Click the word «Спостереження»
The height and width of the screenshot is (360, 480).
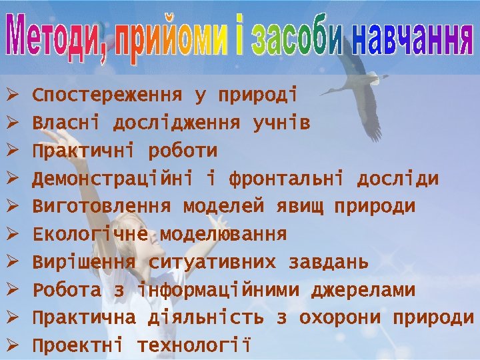click(x=107, y=95)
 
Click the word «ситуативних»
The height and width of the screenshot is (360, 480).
click(x=212, y=263)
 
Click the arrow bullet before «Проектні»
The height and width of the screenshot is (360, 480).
click(x=11, y=346)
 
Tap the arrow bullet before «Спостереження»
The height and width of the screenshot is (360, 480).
click(x=11, y=95)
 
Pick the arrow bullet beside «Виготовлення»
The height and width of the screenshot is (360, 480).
click(x=11, y=207)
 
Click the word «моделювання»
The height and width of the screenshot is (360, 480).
click(x=223, y=235)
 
